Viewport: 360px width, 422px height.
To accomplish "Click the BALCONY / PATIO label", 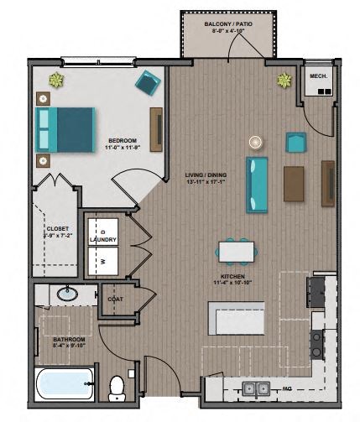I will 229,24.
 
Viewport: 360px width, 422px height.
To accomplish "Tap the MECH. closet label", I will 318,76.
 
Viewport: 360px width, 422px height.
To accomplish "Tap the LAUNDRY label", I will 109,239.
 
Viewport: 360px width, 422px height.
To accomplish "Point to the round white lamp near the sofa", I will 255,141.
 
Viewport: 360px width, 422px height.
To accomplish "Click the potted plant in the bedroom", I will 57,81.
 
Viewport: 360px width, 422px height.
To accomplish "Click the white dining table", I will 235,251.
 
